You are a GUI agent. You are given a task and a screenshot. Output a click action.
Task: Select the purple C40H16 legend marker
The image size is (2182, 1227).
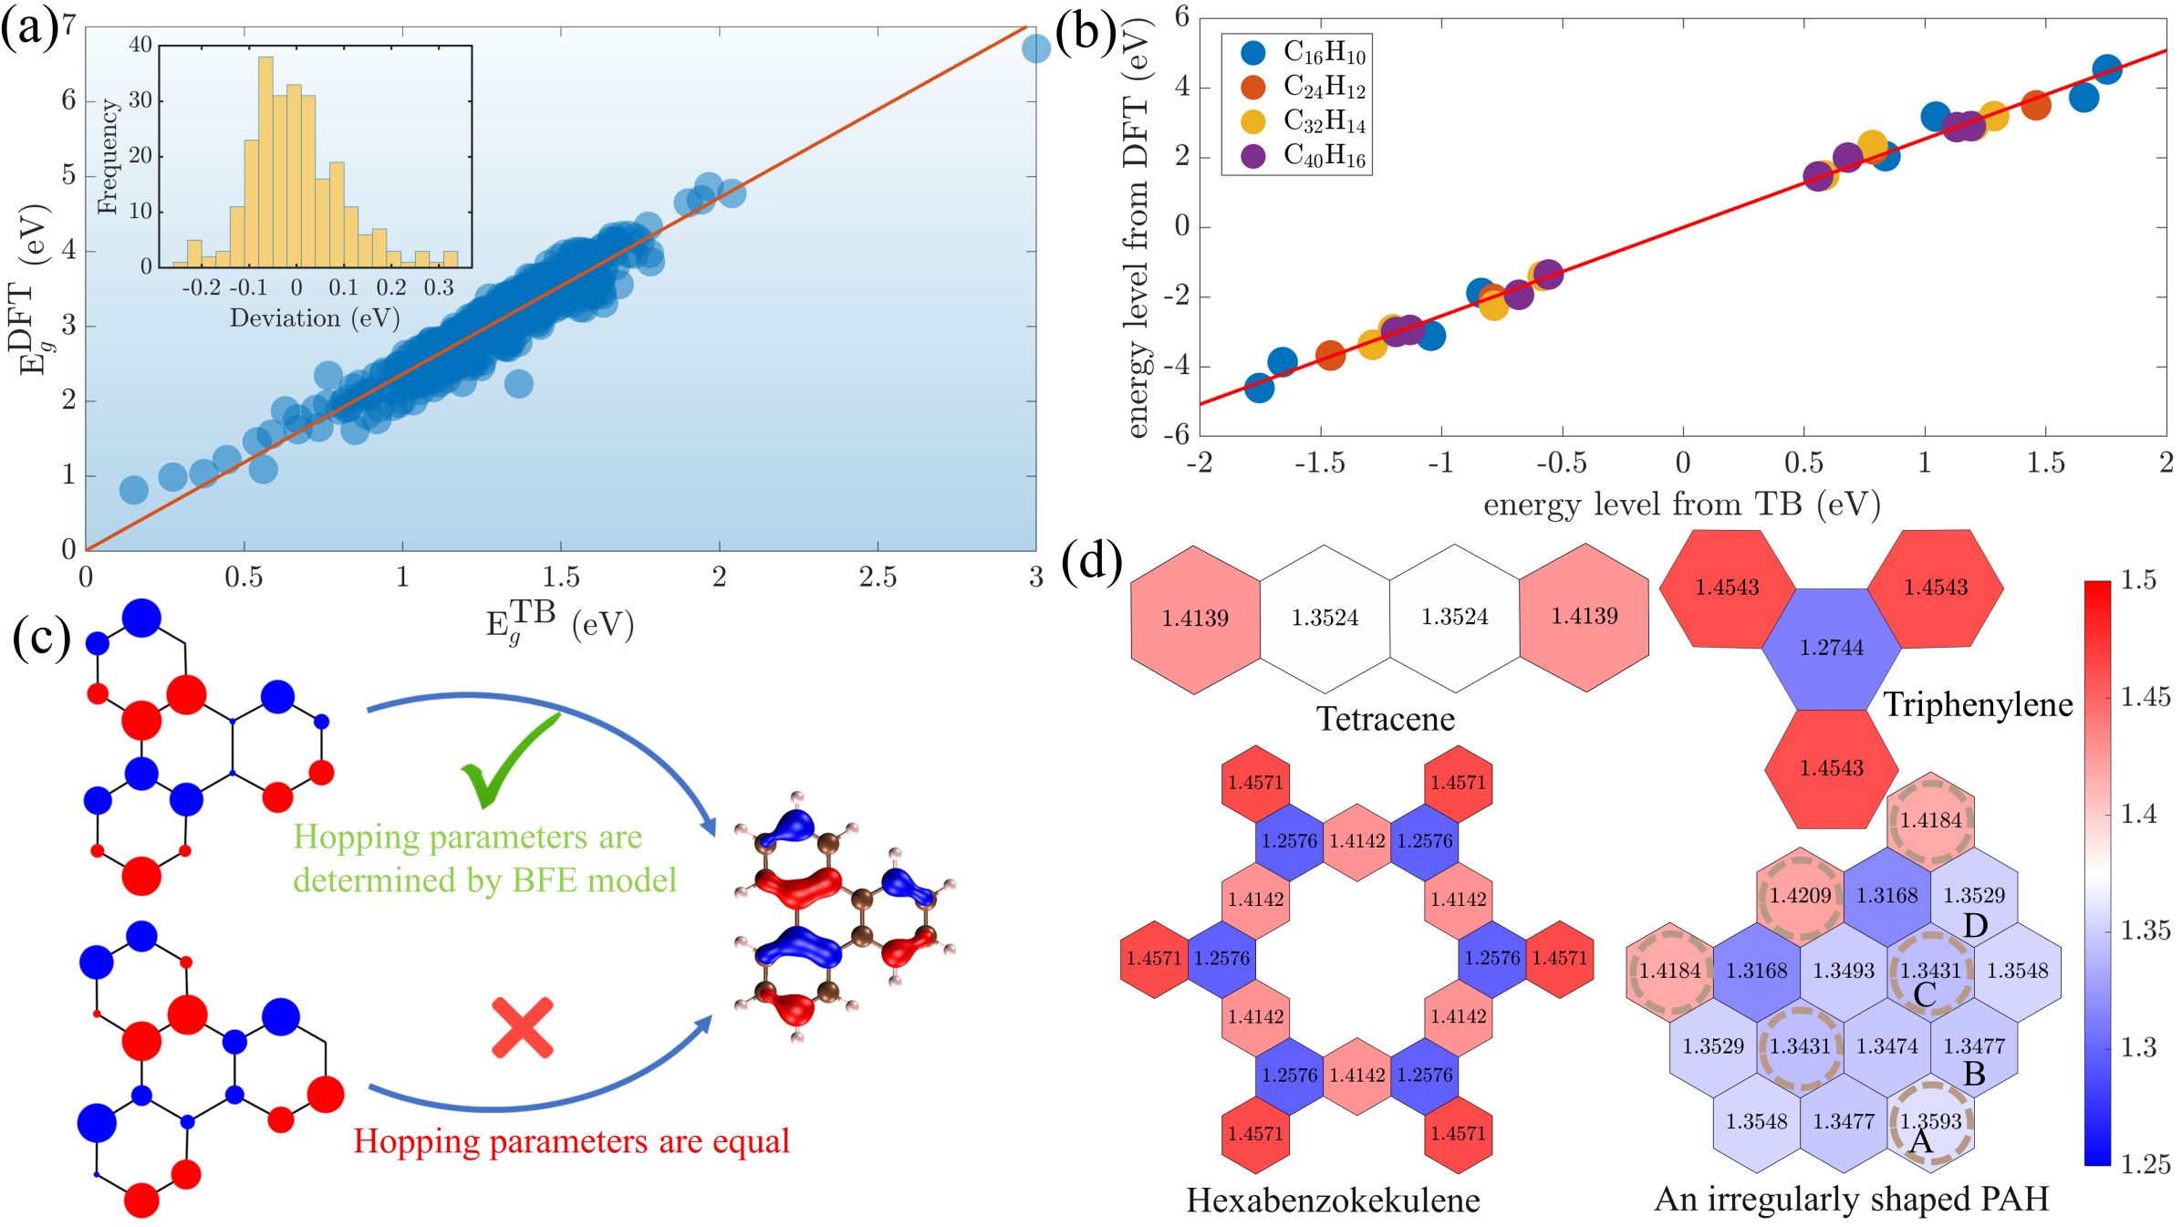tap(1253, 156)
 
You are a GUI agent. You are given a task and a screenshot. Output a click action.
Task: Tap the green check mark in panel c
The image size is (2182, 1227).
tap(507, 763)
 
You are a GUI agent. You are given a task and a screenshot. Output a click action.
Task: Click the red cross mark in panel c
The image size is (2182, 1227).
tap(523, 1028)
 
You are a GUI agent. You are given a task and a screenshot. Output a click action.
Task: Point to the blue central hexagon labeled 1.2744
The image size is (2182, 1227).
tap(1831, 648)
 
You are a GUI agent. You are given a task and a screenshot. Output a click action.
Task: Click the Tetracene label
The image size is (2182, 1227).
tap(1385, 719)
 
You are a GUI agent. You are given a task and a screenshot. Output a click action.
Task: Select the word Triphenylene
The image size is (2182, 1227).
tap(1978, 704)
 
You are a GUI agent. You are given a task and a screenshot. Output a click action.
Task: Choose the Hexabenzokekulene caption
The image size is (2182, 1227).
tap(1333, 1201)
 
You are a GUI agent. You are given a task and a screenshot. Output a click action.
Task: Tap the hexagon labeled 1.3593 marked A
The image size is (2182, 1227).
tap(1930, 1122)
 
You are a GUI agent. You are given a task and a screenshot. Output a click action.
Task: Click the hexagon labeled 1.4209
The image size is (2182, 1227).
tap(1800, 896)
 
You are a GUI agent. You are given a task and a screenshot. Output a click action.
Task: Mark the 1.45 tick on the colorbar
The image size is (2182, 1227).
tap(2145, 698)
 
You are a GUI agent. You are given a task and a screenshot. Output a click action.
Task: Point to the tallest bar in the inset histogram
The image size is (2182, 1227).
tap(265, 161)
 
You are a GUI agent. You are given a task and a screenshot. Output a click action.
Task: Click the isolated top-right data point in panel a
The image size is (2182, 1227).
tap(1035, 47)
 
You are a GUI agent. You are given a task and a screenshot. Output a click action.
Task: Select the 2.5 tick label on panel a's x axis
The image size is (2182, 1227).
tap(878, 577)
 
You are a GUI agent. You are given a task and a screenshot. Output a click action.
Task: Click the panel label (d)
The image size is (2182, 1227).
tap(1092, 560)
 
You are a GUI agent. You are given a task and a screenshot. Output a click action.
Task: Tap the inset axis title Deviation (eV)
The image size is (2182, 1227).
tap(315, 317)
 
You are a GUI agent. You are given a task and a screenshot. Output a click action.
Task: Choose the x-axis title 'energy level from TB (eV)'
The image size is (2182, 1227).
tap(1681, 504)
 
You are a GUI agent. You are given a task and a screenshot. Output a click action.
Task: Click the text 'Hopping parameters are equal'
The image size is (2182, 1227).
tap(571, 1141)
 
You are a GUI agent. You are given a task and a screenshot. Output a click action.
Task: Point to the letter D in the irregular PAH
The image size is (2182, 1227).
tap(1975, 926)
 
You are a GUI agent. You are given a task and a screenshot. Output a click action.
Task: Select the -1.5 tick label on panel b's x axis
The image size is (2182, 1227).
tap(1319, 463)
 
